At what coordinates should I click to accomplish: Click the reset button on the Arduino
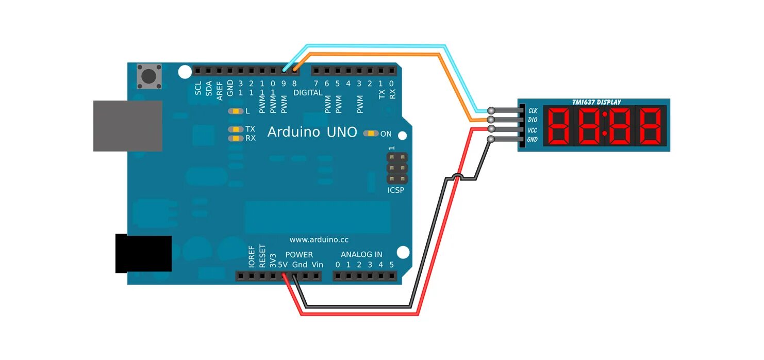[149, 77]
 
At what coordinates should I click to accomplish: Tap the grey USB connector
[127, 126]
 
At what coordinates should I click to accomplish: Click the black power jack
[143, 253]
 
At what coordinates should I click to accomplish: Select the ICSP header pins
[397, 168]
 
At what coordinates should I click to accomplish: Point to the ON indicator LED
[371, 134]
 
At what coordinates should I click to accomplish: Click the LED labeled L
[236, 111]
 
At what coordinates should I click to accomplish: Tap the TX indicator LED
[236, 129]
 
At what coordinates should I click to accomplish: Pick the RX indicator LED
[236, 138]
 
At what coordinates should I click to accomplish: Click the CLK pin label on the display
[533, 110]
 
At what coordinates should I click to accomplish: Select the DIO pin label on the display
[533, 120]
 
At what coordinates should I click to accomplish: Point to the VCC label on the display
[533, 130]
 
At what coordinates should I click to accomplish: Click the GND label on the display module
[533, 140]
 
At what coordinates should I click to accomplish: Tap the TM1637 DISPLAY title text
[596, 102]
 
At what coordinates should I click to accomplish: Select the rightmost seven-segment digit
[651, 126]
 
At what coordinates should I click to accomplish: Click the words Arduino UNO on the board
[312, 133]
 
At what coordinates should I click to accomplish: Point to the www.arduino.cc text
[319, 240]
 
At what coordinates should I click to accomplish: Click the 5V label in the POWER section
[283, 265]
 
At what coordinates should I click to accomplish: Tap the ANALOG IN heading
[361, 254]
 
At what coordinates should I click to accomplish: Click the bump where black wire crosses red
[456, 177]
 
